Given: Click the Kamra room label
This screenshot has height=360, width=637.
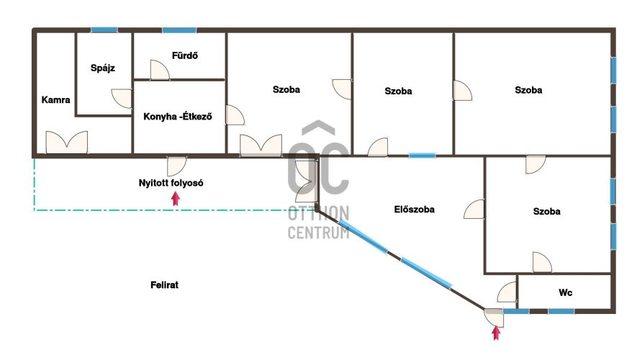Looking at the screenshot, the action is pyautogui.click(x=55, y=99).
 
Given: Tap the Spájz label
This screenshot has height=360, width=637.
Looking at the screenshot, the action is pyautogui.click(x=103, y=68).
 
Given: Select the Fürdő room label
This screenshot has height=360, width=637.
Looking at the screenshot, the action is pyautogui.click(x=185, y=55).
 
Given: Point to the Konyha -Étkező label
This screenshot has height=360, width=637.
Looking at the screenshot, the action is pyautogui.click(x=178, y=117).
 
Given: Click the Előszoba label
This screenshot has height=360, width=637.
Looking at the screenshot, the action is pyautogui.click(x=415, y=210).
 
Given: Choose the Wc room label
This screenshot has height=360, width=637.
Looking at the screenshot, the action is pyautogui.click(x=566, y=292).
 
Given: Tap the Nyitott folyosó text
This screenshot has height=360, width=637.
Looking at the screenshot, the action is pyautogui.click(x=171, y=183).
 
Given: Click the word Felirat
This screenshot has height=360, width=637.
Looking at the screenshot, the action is pyautogui.click(x=165, y=285).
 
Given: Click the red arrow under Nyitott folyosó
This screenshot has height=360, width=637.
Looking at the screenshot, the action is pyautogui.click(x=176, y=199).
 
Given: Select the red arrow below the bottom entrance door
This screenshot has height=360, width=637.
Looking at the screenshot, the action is pyautogui.click(x=496, y=333).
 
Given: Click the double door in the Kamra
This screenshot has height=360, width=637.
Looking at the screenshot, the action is pyautogui.click(x=67, y=143).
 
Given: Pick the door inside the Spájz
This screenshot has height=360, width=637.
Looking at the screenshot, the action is pyautogui.click(x=122, y=99).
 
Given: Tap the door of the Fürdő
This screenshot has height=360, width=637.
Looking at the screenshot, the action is pyautogui.click(x=160, y=70).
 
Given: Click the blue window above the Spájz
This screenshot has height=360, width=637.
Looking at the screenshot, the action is pyautogui.click(x=104, y=30).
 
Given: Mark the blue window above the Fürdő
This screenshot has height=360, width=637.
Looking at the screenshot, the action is pyautogui.click(x=179, y=30).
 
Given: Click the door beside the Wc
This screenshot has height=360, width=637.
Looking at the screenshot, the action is pyautogui.click(x=507, y=292).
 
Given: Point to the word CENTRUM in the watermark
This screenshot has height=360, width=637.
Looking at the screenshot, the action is pyautogui.click(x=318, y=233).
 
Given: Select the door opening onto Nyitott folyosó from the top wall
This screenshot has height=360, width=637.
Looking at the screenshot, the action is pyautogui.click(x=177, y=166).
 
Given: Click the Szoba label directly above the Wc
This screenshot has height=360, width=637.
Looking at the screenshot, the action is pyautogui.click(x=547, y=211).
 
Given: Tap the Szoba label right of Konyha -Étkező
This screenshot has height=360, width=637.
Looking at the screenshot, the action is pyautogui.click(x=286, y=89).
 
